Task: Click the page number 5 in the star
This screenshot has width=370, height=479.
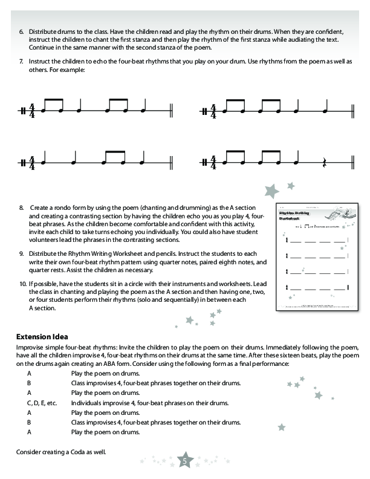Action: pos(186,462)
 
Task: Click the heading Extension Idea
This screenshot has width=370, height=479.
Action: pos(42,336)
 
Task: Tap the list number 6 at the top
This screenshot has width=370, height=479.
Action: pos(22,30)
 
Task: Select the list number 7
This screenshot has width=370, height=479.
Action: pos(22,62)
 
